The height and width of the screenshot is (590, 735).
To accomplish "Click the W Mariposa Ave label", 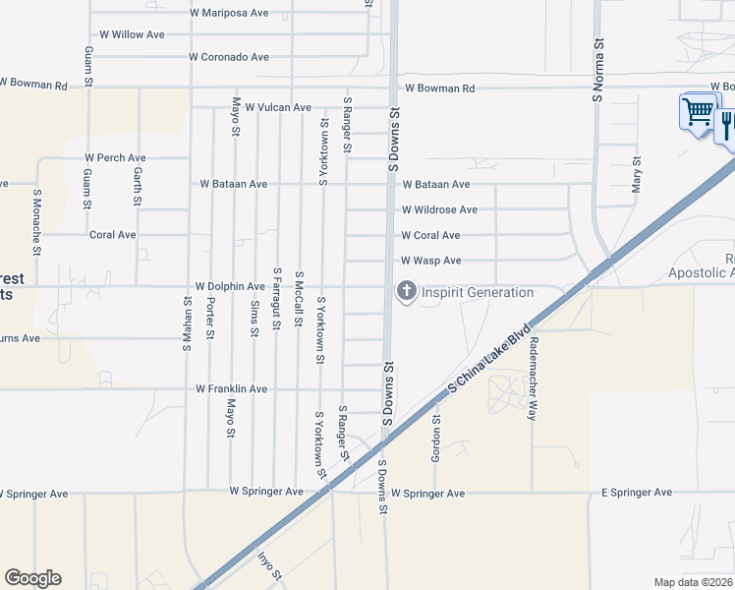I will click(230, 14).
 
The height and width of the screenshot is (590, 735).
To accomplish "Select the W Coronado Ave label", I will click(229, 58).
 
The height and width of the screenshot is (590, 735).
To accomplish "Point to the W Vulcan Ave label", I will click(278, 108).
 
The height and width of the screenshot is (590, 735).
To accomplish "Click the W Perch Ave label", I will click(115, 158).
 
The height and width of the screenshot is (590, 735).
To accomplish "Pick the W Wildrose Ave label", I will click(439, 210).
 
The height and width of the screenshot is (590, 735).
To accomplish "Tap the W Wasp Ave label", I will click(431, 262).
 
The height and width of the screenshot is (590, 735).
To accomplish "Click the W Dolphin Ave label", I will click(230, 287).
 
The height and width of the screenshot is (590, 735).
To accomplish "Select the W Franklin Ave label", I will click(232, 389).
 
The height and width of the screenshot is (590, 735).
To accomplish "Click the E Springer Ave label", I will click(637, 493).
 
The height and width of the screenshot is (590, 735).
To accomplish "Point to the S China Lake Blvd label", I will click(489, 357).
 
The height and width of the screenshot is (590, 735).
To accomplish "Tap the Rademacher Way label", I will click(534, 380).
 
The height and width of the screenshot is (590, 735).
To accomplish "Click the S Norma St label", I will click(596, 72).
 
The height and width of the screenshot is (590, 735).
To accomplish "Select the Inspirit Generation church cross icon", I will click(405, 291).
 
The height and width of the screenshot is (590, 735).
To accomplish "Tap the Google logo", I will click(32, 578).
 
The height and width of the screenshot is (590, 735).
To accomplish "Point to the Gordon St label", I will click(437, 437).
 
